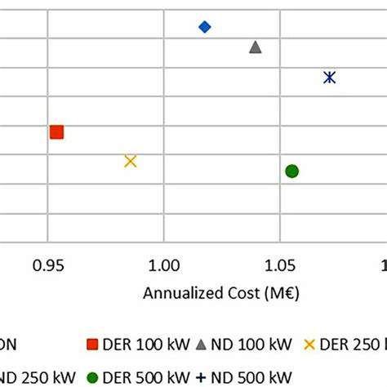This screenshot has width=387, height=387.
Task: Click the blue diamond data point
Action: pos(205,27)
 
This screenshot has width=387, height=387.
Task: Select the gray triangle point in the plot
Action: pos(256,47)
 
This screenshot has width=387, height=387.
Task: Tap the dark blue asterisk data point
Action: pos(329,78)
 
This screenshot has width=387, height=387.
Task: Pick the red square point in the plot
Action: pos(56,132)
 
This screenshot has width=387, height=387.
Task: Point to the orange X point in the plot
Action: pos(131,161)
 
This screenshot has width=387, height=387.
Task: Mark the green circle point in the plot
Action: pos(291,171)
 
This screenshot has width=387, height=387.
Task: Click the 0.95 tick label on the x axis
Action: pos(48,265)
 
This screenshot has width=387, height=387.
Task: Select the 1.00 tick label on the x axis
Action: pos(165,265)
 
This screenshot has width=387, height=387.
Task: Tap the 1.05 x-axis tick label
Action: pos(281,265)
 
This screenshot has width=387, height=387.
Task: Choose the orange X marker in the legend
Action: pos(309,345)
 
